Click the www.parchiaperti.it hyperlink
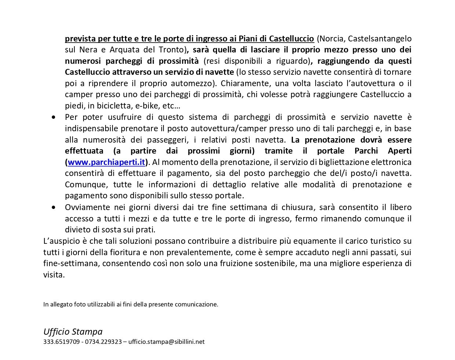coord(106,162)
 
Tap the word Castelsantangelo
coord(379,38)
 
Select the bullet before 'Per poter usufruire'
coord(54,117)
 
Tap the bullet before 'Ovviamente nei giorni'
coord(54,207)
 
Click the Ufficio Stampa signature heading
coord(73,331)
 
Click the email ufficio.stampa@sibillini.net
coord(166,342)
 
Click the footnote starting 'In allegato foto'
coord(131,304)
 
